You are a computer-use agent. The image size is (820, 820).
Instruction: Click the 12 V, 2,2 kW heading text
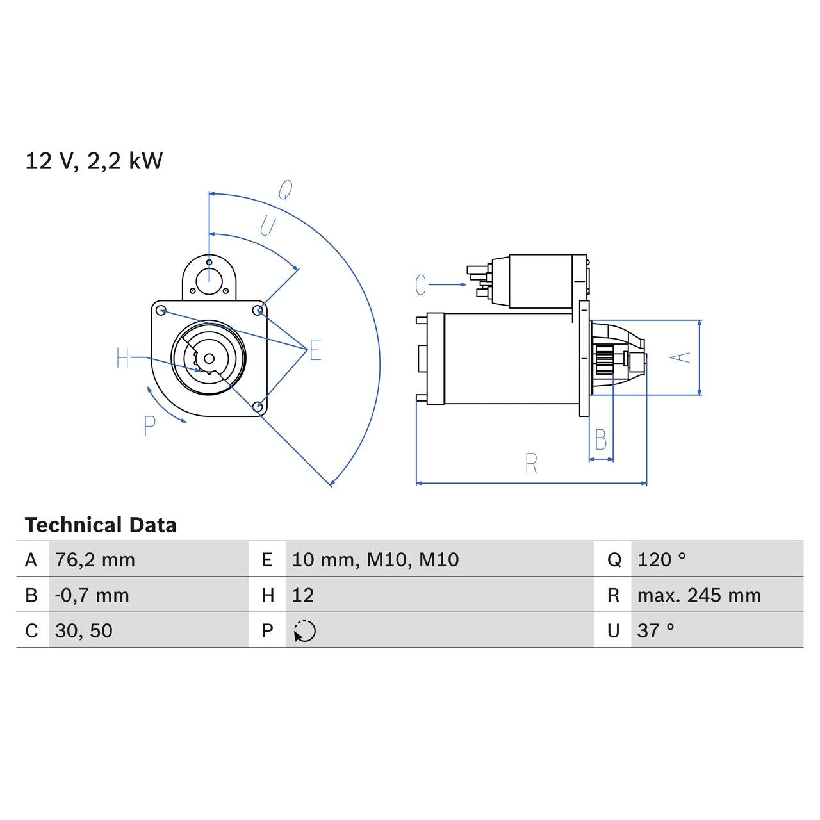[94, 161]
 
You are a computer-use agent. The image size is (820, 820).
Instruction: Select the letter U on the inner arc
[267, 225]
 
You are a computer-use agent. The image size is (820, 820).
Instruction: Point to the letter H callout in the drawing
[123, 358]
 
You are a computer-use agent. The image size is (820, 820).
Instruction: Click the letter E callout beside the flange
[315, 350]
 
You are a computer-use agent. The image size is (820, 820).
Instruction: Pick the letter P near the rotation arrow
[149, 426]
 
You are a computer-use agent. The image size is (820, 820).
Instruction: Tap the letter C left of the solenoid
[420, 284]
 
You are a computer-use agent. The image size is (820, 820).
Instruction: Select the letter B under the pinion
[600, 439]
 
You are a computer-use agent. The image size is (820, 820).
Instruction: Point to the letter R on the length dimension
[531, 464]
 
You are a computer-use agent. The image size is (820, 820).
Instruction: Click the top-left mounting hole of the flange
[161, 311]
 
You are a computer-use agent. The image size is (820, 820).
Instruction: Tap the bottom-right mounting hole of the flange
[258, 406]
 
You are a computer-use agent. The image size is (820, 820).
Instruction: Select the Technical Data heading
[101, 525]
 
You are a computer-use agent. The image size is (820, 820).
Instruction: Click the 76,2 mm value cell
[95, 560]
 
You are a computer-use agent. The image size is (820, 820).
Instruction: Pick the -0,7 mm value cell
[92, 595]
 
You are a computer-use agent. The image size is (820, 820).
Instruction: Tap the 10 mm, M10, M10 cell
[375, 560]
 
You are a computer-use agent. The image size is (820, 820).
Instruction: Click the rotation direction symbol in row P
[305, 631]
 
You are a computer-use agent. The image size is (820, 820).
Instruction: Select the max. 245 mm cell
[699, 595]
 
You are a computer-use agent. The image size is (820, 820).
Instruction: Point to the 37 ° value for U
[655, 631]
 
